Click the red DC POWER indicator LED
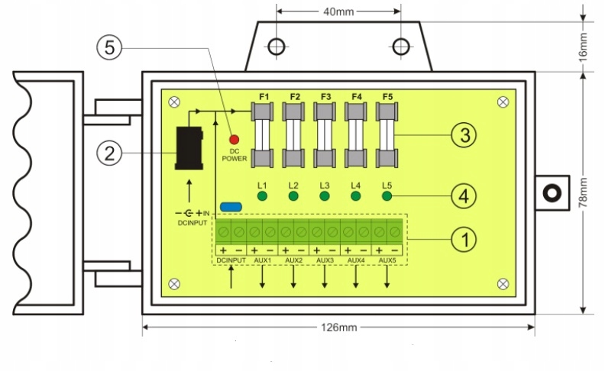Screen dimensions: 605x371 [x=234, y=139]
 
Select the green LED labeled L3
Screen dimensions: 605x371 [x=325, y=196]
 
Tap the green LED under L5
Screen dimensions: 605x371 [x=387, y=196]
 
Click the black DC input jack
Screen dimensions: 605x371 [x=189, y=148]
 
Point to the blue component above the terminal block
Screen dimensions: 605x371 [x=231, y=207]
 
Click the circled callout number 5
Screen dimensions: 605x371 [x=109, y=48]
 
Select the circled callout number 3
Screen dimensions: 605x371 [x=464, y=135]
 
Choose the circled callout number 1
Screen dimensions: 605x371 [x=464, y=240]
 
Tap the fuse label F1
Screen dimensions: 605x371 [x=264, y=97]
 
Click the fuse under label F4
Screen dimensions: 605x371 [x=356, y=135]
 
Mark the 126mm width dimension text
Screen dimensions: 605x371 [x=339, y=327]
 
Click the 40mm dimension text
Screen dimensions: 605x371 [x=338, y=11]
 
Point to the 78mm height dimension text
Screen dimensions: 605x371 [x=583, y=193]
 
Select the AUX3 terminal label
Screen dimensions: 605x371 [x=325, y=260]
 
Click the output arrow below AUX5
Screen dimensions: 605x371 [x=387, y=277]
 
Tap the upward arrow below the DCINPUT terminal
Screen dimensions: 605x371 [x=231, y=277]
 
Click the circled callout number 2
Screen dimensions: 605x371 [x=109, y=153]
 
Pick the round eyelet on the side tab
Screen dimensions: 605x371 [x=552, y=193]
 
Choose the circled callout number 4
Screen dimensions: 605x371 [x=464, y=196]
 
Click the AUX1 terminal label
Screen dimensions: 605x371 [x=262, y=260]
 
